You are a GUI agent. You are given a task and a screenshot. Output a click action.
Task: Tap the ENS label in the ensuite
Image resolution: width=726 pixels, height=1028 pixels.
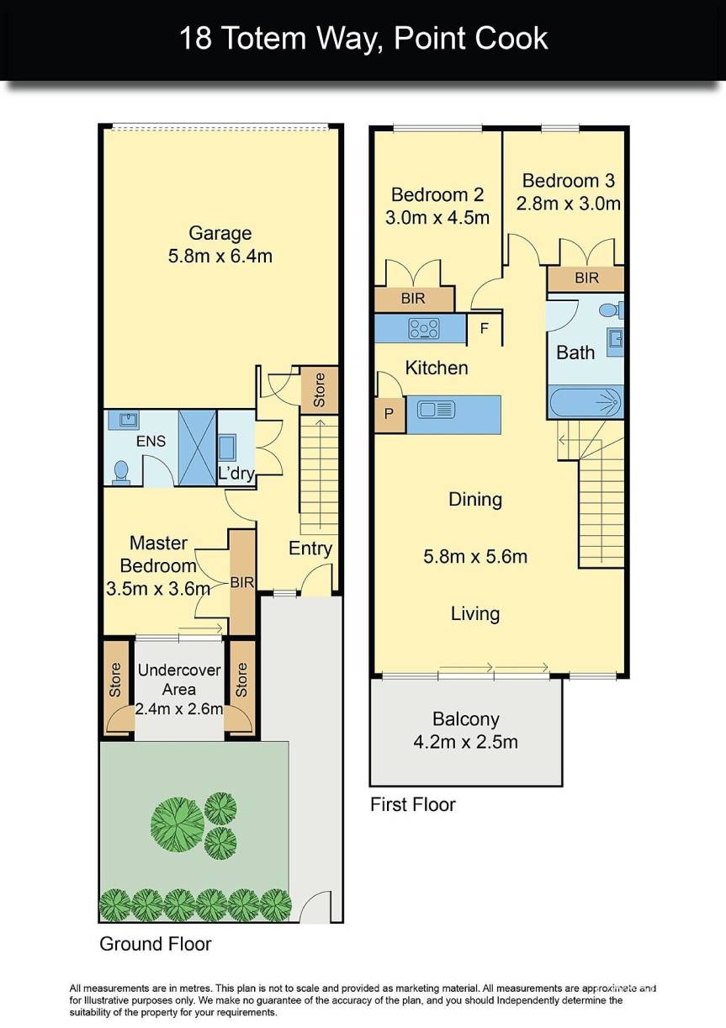(x=151, y=441)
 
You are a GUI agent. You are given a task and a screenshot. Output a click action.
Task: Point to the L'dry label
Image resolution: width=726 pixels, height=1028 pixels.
(x=236, y=474)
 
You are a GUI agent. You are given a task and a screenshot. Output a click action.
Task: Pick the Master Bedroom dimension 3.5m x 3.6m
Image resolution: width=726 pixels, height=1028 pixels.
(x=158, y=588)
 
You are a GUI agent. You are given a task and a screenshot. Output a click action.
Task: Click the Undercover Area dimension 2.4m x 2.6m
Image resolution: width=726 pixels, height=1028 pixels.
(x=180, y=709)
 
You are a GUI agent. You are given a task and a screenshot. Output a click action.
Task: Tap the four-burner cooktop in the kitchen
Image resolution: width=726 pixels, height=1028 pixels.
(x=423, y=328)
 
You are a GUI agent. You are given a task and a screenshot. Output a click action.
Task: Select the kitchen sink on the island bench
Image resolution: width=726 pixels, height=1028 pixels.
(x=436, y=410)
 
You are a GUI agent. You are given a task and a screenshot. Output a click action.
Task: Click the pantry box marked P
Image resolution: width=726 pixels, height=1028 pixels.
(x=389, y=415)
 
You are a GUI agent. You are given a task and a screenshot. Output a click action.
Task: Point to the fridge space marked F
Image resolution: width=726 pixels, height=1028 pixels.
(x=485, y=329)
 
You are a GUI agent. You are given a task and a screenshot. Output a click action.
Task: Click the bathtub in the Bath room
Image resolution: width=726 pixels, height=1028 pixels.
(x=586, y=402)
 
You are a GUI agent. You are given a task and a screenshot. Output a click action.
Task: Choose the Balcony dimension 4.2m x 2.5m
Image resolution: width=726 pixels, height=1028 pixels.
(x=465, y=742)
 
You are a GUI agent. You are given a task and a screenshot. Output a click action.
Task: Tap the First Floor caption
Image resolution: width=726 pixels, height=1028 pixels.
(x=412, y=805)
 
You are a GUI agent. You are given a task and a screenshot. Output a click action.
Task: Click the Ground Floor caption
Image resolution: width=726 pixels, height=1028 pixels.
(x=156, y=943)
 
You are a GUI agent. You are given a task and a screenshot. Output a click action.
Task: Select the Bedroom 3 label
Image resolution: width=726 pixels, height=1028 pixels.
(x=568, y=180)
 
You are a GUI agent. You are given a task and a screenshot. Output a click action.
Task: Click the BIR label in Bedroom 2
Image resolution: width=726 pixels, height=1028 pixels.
(x=413, y=299)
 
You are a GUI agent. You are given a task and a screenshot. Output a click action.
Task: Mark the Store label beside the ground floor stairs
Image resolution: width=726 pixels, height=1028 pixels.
(x=319, y=390)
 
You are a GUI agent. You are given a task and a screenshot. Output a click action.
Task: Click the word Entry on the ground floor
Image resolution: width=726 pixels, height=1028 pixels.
(x=310, y=548)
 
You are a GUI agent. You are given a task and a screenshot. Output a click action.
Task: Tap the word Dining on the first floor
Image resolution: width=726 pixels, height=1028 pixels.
(x=475, y=500)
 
